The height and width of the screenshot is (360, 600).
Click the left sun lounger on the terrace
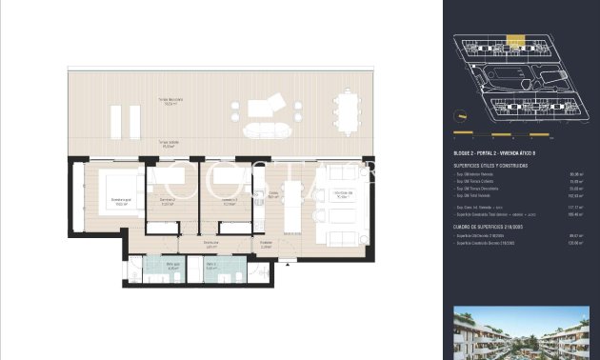pyautogui.click(x=116, y=122)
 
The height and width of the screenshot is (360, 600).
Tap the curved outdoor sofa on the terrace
pyautogui.click(x=260, y=129)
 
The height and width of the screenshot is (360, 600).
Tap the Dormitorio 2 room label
pyautogui.click(x=167, y=201)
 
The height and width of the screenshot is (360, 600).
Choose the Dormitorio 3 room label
pyautogui.click(x=229, y=201)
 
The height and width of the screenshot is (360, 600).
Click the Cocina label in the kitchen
pyautogui.click(x=272, y=195)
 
